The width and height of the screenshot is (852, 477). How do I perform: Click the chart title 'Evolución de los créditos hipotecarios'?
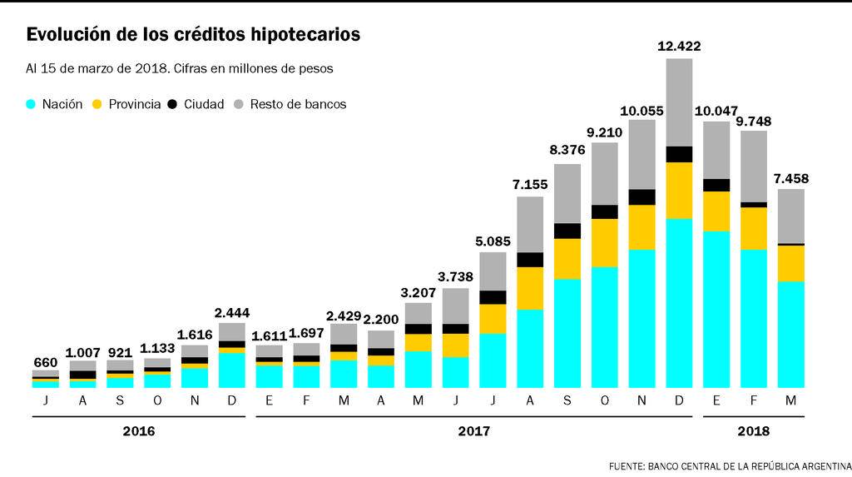pyautogui.click(x=193, y=35)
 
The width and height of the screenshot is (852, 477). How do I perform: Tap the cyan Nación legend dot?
pyautogui.click(x=32, y=105)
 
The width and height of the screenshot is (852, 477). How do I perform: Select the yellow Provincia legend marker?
pyautogui.click(x=97, y=105)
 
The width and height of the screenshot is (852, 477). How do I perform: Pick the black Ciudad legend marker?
pyautogui.click(x=172, y=105)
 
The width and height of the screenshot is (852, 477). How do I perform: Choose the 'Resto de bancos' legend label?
pyautogui.click(x=298, y=105)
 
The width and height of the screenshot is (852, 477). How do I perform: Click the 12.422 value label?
pyautogui.click(x=679, y=47)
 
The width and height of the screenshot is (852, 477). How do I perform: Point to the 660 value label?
pyautogui.click(x=45, y=362)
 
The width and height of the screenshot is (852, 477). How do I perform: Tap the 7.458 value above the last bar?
pyautogui.click(x=790, y=178)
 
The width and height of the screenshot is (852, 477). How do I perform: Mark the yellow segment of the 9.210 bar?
pyautogui.click(x=605, y=242)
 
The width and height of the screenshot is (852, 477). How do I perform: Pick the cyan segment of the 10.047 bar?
pyautogui.click(x=716, y=309)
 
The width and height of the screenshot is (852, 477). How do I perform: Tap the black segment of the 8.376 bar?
pyautogui.click(x=567, y=231)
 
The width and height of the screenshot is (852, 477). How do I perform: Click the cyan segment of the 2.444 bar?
pyautogui.click(x=232, y=370)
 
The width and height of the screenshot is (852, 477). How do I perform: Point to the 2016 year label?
pyautogui.click(x=138, y=431)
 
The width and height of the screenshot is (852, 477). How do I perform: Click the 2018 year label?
pyautogui.click(x=753, y=431)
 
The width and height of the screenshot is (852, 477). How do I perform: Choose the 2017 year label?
pyautogui.click(x=473, y=431)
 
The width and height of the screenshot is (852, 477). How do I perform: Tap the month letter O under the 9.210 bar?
pyautogui.click(x=605, y=401)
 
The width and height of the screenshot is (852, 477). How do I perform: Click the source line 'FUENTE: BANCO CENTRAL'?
pyautogui.click(x=730, y=465)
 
